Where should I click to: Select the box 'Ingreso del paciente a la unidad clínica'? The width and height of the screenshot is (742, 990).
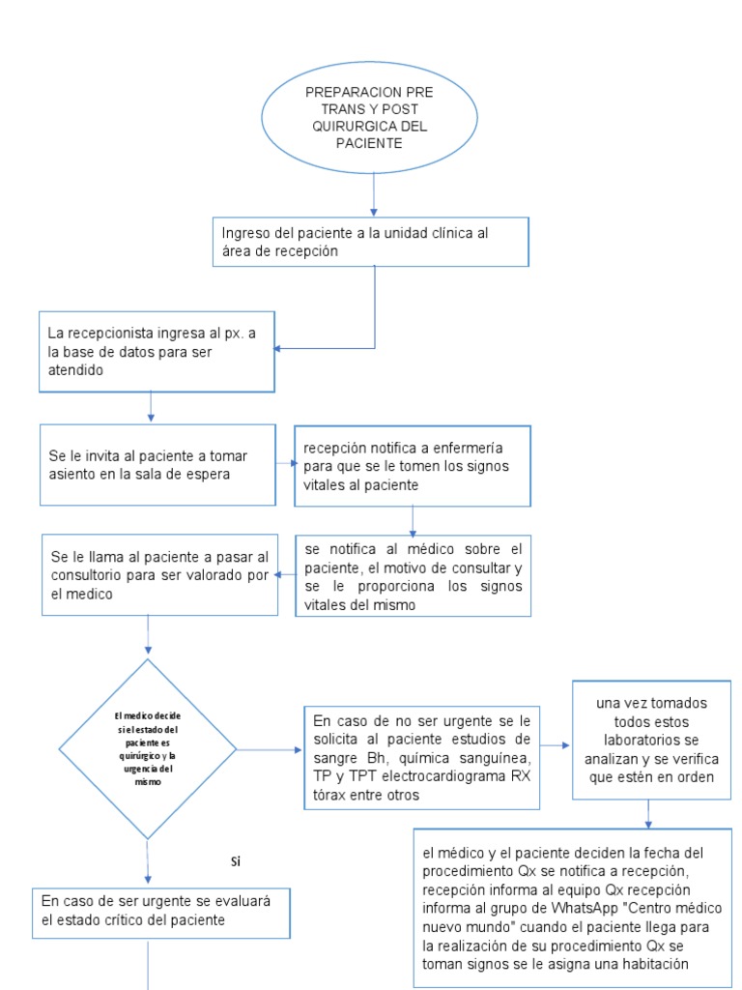pyautogui.click(x=371, y=242)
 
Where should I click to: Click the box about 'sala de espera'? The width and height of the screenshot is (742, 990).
pyautogui.click(x=157, y=464)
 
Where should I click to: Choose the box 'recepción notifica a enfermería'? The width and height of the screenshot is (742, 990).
pyautogui.click(x=413, y=466)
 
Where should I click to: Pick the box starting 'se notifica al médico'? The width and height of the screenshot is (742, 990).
pyautogui.click(x=413, y=575)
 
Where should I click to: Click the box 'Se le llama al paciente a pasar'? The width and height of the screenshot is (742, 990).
pyautogui.click(x=157, y=575)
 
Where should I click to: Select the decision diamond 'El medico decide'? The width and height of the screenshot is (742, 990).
pyautogui.click(x=147, y=748)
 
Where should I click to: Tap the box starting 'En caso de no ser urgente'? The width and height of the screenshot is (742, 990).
pyautogui.click(x=421, y=757)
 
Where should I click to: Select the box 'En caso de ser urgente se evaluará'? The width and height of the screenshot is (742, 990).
pyautogui.click(x=160, y=911)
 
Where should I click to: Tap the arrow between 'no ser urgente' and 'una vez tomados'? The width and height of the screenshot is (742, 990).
pyautogui.click(x=556, y=746)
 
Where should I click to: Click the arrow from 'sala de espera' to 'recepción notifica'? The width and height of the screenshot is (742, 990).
pyautogui.click(x=285, y=464)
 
